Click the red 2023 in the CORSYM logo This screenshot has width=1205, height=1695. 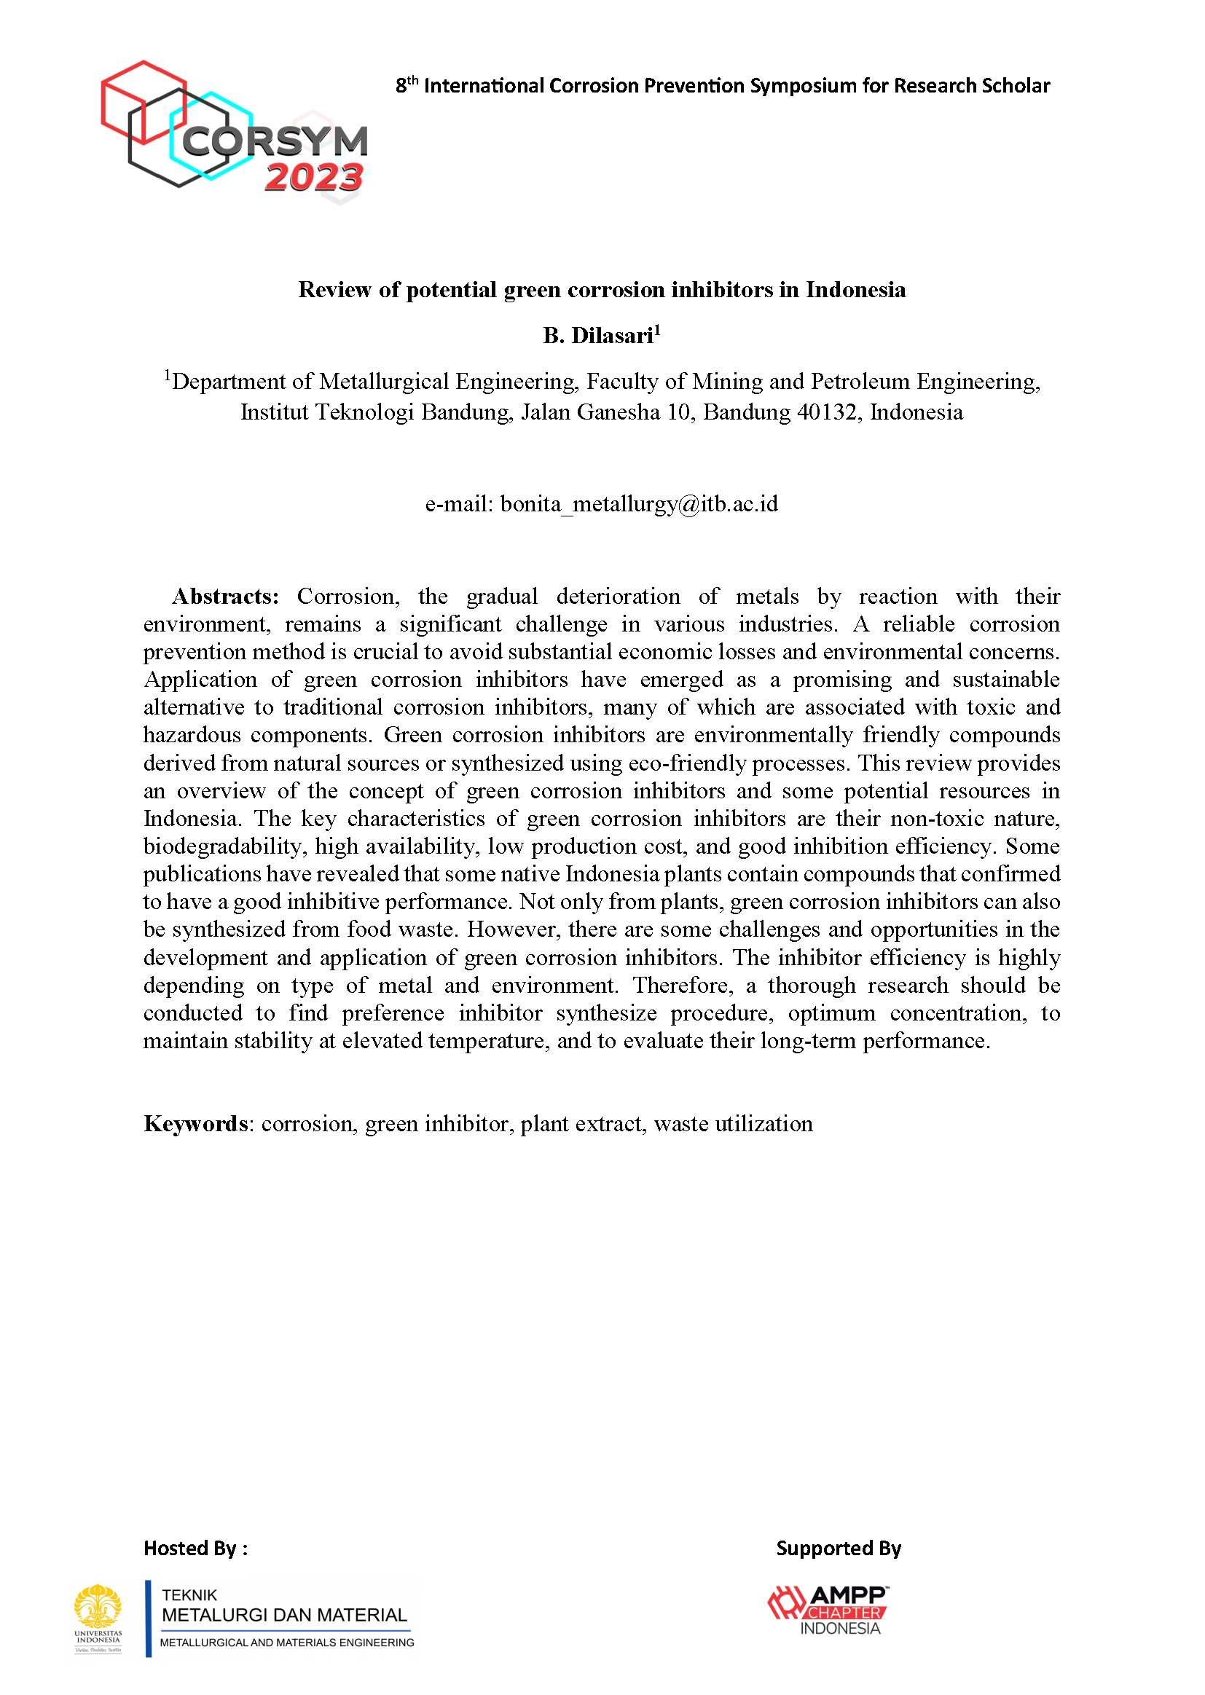314,178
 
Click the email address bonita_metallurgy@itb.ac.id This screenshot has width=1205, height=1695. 639,504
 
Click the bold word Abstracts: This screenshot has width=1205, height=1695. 226,597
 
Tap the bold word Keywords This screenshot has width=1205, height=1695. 196,1124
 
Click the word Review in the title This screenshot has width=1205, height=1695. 335,290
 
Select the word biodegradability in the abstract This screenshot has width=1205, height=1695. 223,846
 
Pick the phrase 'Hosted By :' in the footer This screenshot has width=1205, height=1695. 196,1548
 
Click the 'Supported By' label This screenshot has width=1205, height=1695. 839,1548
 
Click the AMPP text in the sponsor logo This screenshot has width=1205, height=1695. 847,1595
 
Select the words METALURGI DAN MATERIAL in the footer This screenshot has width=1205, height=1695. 284,1615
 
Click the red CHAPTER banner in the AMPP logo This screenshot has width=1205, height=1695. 844,1613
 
